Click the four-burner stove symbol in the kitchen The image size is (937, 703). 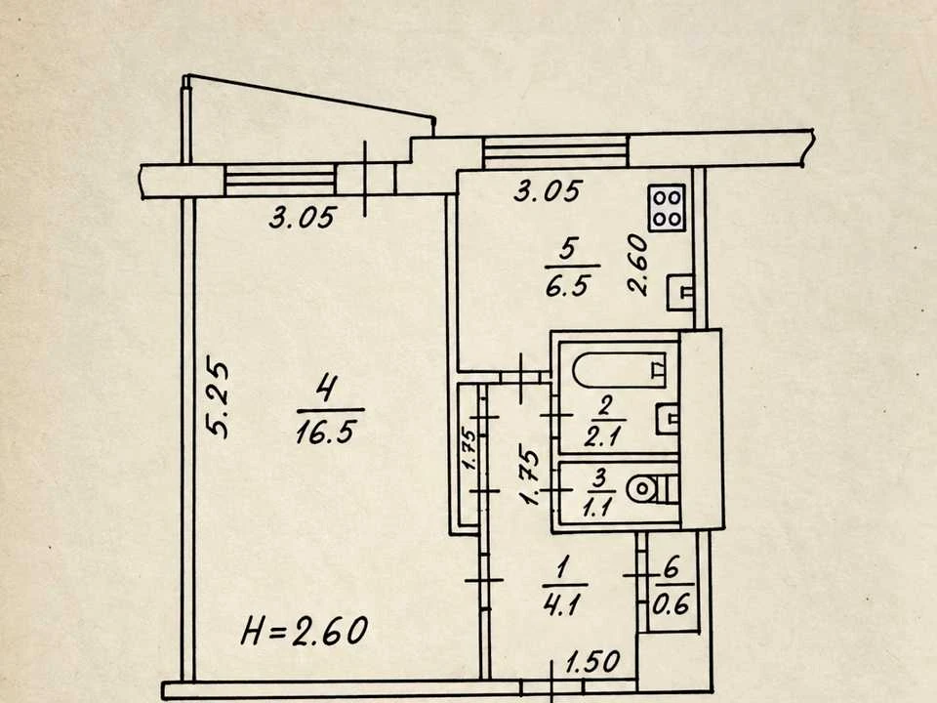tap(667, 207)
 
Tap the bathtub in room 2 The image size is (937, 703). tap(619, 371)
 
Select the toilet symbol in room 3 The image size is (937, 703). tap(651, 489)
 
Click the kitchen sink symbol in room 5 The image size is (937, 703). tap(680, 292)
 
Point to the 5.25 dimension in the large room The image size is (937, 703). tap(218, 398)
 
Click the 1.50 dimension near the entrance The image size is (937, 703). tap(592, 662)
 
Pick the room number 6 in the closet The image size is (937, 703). tap(672, 567)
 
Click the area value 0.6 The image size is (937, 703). tap(671, 605)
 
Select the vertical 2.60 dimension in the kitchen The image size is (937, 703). tap(637, 264)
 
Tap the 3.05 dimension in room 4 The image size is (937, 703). tap(302, 217)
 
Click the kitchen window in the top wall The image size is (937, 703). tap(555, 152)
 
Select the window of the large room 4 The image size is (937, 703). tap(280, 181)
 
